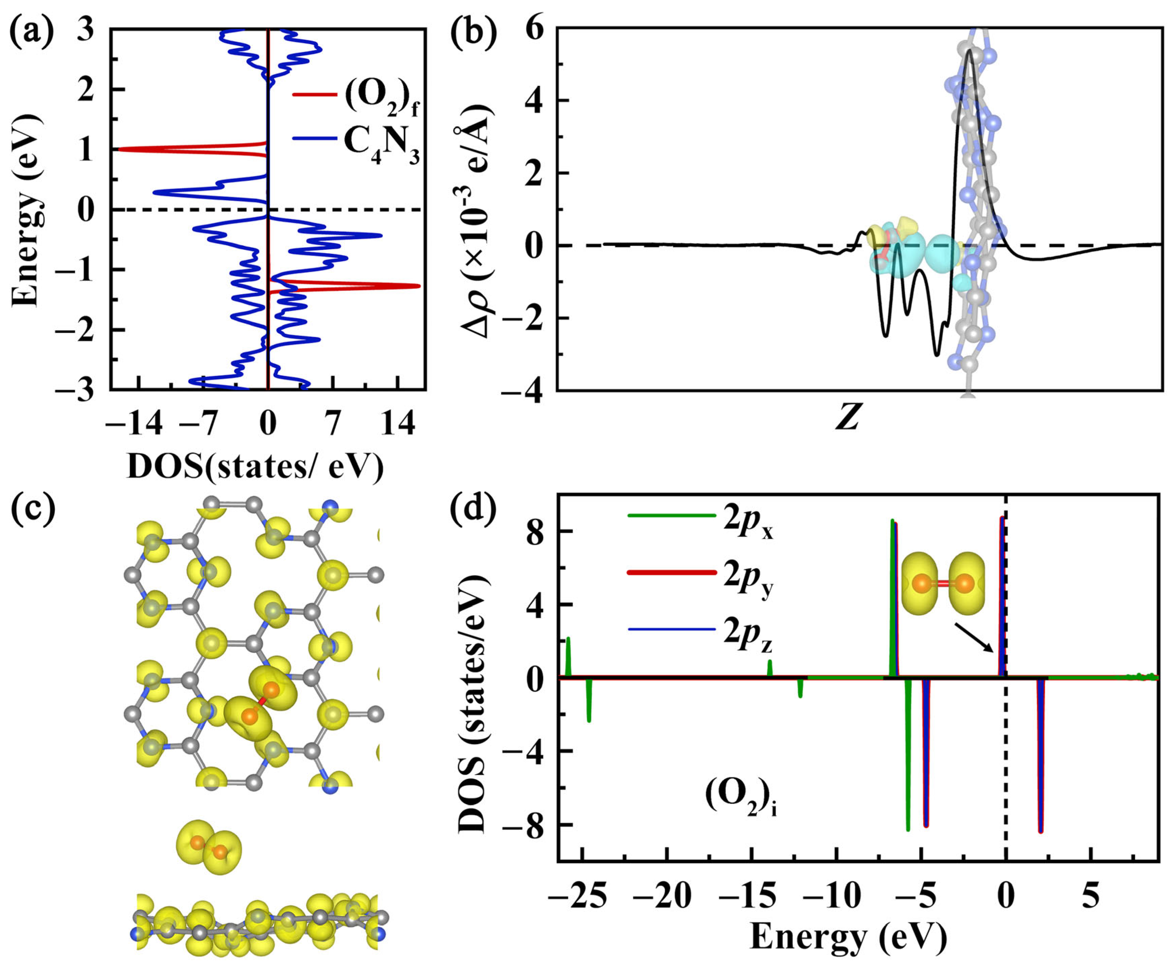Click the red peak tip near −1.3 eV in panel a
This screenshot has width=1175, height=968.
(418, 286)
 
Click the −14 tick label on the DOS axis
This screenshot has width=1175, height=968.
(134, 425)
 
